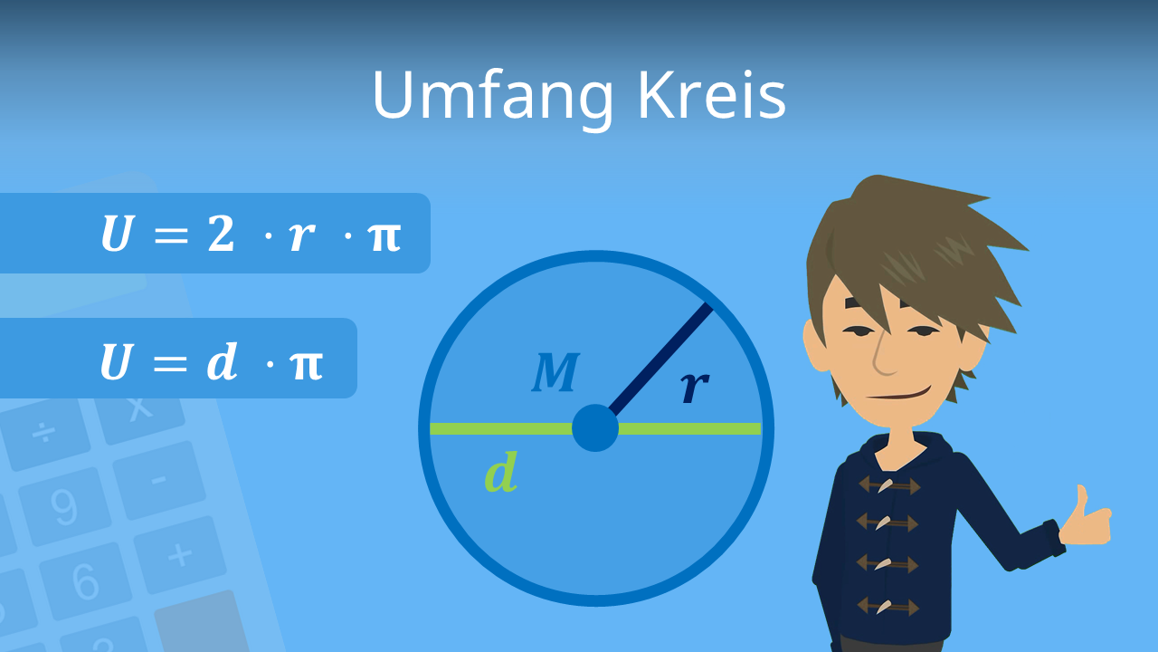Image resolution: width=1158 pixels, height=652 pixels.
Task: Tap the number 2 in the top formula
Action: tap(221, 234)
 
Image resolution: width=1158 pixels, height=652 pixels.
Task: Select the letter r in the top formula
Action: tap(301, 236)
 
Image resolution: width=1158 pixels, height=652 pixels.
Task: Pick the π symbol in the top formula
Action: tap(384, 236)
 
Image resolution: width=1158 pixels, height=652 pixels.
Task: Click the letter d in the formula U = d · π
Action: tap(222, 361)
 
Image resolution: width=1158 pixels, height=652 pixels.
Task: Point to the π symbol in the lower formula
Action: tap(306, 363)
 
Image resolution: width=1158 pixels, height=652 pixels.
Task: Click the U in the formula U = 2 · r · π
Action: tap(116, 234)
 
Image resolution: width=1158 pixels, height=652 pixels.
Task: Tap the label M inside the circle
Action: tap(555, 372)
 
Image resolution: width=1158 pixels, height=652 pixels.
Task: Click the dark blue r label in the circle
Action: tap(694, 387)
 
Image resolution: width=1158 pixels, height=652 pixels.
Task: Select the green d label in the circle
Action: tap(500, 474)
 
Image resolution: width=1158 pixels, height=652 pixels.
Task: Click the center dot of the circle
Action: tap(595, 428)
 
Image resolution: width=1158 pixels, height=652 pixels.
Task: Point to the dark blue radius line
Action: tap(660, 358)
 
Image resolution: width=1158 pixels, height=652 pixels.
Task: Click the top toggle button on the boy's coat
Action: tap(888, 485)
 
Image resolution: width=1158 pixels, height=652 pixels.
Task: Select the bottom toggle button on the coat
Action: tap(887, 605)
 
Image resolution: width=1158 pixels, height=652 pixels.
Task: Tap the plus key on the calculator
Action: tap(180, 555)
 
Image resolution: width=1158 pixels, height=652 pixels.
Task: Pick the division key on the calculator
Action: tap(43, 433)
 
